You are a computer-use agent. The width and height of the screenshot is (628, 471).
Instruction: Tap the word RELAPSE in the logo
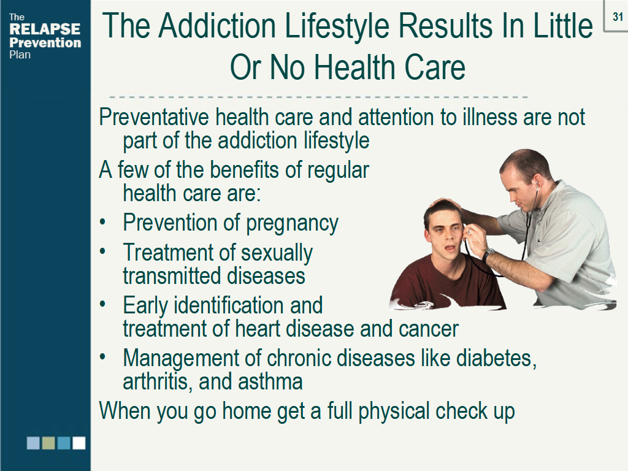(x=45, y=29)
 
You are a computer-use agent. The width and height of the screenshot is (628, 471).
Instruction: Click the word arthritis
(x=156, y=382)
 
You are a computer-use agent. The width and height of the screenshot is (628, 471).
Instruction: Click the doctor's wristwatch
(x=488, y=254)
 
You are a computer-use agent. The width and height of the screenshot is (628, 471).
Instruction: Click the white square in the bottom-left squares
(x=79, y=443)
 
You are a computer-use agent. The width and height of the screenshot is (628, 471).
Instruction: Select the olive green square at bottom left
(x=49, y=443)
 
